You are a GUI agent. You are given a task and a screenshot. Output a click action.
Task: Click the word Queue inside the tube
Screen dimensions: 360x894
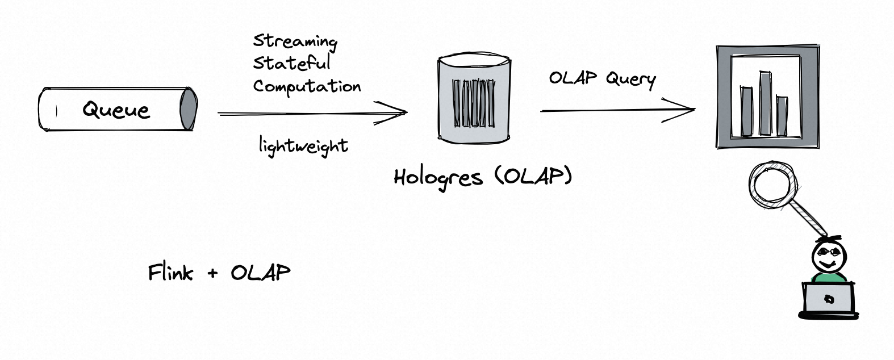[x=116, y=109]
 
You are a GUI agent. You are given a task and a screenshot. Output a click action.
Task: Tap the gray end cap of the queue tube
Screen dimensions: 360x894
[x=188, y=108]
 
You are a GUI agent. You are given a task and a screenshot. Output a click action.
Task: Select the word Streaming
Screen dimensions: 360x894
[x=295, y=41]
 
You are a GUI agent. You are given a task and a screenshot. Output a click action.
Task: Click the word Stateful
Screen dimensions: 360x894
[x=291, y=63]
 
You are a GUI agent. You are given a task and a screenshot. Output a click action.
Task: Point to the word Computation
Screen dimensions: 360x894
[x=307, y=86]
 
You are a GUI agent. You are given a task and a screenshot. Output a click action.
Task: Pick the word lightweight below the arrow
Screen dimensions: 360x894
[x=303, y=146]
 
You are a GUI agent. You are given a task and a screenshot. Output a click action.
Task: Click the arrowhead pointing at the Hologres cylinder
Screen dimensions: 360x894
[x=398, y=112]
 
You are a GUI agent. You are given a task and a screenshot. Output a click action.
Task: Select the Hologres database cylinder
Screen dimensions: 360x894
[x=474, y=98]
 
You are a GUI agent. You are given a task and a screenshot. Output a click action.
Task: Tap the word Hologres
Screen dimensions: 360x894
[x=438, y=178]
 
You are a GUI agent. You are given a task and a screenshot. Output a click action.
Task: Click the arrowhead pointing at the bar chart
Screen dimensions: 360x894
[x=684, y=110]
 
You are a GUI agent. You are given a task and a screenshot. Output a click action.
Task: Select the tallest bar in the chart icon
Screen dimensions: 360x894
[x=765, y=103]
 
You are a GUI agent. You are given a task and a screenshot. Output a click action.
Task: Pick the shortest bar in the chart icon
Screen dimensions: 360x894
[x=782, y=116]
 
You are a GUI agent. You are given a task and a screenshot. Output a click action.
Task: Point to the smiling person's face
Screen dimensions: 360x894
[x=828, y=257]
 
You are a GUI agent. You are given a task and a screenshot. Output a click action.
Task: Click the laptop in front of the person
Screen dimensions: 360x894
[x=829, y=298]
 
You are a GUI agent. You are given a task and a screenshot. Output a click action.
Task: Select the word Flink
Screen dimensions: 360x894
[x=170, y=273]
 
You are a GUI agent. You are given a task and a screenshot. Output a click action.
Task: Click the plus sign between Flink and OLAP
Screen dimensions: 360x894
[x=212, y=274]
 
